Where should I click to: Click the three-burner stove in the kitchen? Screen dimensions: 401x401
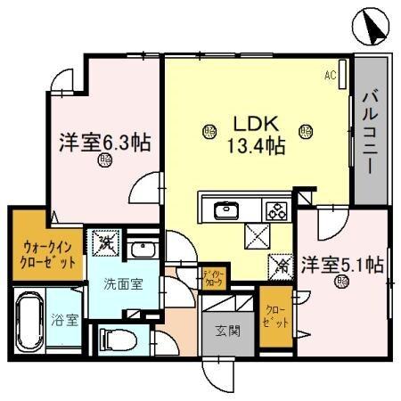[x=275, y=211]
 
